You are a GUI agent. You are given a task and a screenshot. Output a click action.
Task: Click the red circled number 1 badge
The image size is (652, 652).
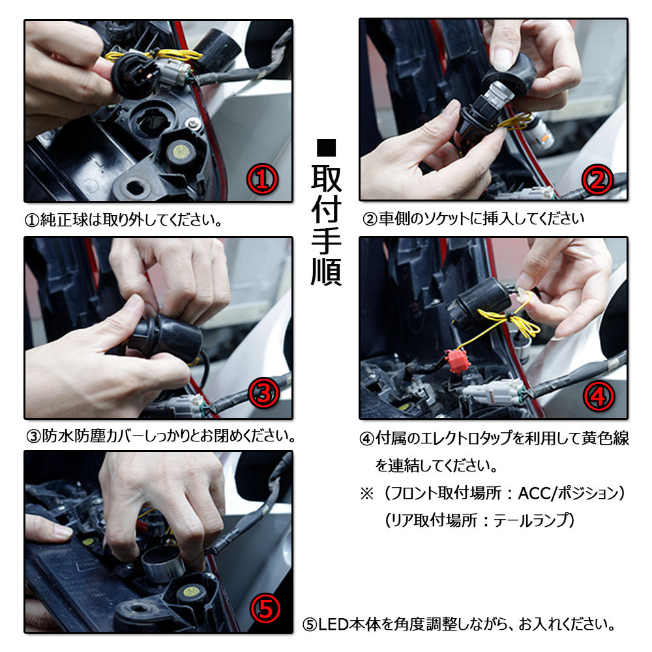pyautogui.click(x=262, y=179)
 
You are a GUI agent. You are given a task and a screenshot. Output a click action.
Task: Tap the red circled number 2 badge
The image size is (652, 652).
pyautogui.click(x=597, y=180)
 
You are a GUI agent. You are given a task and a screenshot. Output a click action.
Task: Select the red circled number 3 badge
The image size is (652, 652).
pyautogui.click(x=263, y=393)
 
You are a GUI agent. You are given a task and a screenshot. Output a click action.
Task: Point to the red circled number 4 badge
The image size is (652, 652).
pyautogui.click(x=599, y=396)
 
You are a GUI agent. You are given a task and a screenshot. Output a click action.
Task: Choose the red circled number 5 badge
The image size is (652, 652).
pyautogui.click(x=265, y=609)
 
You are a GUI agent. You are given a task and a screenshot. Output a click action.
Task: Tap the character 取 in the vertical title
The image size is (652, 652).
pyautogui.click(x=326, y=179)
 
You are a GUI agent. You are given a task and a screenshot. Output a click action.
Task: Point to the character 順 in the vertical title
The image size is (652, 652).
pyautogui.click(x=326, y=272)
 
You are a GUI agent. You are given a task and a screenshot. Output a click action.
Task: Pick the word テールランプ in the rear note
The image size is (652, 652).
pyautogui.click(x=529, y=520)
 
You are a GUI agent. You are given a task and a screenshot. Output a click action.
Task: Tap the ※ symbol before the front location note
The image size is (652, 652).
pyautogui.click(x=366, y=494)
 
